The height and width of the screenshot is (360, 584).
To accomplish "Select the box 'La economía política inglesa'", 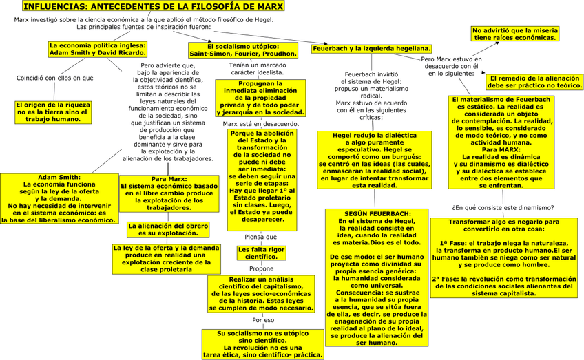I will tap(98, 49).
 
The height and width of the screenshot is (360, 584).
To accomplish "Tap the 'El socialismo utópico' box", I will tap(243, 50).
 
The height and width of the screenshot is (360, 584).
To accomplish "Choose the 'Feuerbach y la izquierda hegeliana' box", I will tap(371, 49).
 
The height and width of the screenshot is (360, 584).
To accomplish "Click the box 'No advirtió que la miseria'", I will tap(514, 34).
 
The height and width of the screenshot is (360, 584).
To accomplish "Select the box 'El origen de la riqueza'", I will tap(54, 112).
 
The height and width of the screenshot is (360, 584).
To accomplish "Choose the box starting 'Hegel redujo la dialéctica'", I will tap(374, 160).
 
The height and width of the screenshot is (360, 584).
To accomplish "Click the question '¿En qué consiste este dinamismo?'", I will tap(502, 207).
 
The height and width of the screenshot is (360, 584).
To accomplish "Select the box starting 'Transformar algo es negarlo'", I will tap(503, 257).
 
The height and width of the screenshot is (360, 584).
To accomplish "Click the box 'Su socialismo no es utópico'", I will tap(261, 343).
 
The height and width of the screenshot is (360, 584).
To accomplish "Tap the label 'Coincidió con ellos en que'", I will tap(54, 78).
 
